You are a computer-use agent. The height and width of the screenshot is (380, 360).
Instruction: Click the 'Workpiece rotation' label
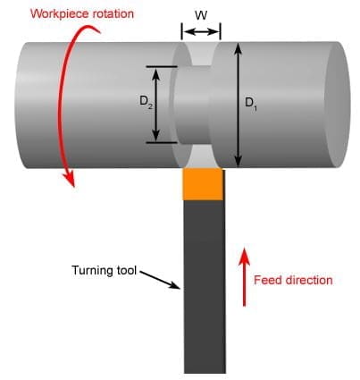82,14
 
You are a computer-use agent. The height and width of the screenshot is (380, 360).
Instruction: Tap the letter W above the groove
201,15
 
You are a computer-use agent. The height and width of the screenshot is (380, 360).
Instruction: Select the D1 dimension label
250,103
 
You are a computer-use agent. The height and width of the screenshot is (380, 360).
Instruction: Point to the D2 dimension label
146,101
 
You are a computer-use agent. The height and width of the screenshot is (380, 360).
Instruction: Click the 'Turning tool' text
105,270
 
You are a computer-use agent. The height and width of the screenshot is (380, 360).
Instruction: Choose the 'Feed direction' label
293,280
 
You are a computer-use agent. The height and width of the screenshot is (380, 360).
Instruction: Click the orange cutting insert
203,184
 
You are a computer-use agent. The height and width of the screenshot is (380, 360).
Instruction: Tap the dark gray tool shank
205,286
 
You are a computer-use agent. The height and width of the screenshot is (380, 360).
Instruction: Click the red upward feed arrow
244,276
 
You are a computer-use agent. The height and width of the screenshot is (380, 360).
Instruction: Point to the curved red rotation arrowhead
70,178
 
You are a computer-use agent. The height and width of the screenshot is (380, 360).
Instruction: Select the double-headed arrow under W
201,31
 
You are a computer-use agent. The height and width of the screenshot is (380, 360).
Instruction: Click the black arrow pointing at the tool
160,280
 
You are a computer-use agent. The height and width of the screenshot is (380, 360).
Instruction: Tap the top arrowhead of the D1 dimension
238,48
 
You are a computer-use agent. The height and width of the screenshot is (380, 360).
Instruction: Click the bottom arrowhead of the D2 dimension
156,136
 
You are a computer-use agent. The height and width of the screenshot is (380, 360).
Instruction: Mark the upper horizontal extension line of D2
162,66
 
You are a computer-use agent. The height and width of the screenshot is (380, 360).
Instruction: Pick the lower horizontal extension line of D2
162,142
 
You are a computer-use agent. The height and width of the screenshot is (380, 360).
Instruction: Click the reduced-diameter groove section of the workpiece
193,105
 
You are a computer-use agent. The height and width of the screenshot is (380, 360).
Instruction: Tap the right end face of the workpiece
337,105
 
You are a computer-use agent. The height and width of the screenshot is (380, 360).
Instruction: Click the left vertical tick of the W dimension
181,31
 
